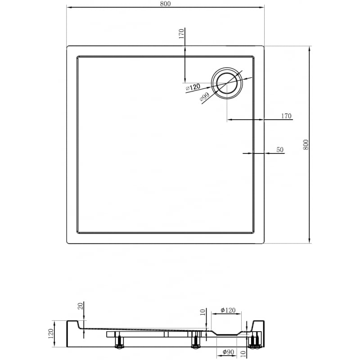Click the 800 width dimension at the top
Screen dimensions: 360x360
point(165,4)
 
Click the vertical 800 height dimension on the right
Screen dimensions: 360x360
point(306,144)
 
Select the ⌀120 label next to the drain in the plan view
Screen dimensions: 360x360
point(193,88)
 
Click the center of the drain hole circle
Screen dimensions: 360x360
point(227,83)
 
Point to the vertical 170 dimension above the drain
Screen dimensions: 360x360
point(181,34)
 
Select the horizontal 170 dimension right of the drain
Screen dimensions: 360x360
point(286,116)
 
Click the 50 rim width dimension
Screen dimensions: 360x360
point(280,150)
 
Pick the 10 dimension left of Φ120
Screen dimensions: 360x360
point(203,312)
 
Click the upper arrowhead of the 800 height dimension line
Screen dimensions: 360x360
point(310,49)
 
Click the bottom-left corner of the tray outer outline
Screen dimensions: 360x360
point(67,243)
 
